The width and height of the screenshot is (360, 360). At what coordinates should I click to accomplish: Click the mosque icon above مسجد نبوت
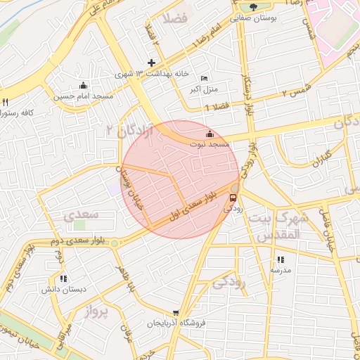209,134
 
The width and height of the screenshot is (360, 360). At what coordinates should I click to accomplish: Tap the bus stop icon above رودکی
233,198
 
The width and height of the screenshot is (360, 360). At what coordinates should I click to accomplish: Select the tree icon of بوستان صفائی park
253,6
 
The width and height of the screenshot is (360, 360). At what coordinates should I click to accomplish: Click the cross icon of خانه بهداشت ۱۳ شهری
151,63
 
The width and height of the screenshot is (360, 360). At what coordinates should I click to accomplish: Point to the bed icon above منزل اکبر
204,78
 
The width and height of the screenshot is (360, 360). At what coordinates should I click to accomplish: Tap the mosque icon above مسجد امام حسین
84,85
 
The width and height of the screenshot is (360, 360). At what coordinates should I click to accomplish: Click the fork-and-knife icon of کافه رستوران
5,102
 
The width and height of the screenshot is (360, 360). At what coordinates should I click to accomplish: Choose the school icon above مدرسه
280,259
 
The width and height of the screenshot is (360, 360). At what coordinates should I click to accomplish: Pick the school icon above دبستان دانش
63,278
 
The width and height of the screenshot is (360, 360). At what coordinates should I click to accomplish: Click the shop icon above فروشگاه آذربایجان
176,313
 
